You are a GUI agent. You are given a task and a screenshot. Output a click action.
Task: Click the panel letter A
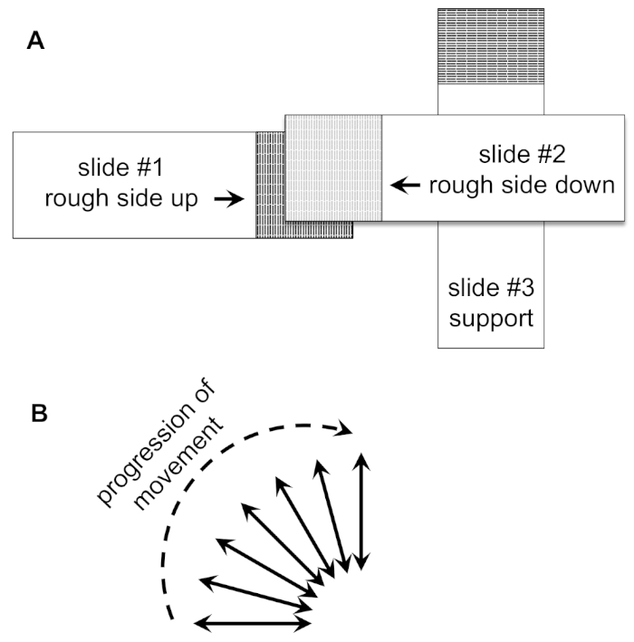click(35, 41)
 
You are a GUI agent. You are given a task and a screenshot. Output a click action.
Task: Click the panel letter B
click(39, 413)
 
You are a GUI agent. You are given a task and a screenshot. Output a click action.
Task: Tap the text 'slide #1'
click(120, 168)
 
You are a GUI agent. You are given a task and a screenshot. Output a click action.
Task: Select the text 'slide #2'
click(523, 155)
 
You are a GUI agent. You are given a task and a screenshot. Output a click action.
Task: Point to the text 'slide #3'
click(491, 288)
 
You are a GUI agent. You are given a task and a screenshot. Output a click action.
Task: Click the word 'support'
click(491, 319)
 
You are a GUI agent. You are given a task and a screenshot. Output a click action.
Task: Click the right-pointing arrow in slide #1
click(229, 199)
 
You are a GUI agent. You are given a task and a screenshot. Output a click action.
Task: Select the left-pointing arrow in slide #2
click(405, 185)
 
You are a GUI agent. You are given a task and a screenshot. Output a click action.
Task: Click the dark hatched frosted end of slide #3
click(491, 46)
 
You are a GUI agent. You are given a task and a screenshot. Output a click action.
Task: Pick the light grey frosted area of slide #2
click(333, 168)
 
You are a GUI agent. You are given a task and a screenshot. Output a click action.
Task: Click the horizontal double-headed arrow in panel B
click(252, 624)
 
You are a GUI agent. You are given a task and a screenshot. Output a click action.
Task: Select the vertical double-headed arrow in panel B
click(361, 512)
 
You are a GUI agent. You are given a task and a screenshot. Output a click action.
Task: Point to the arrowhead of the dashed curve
click(343, 428)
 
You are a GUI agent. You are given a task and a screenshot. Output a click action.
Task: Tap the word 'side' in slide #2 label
click(524, 185)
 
